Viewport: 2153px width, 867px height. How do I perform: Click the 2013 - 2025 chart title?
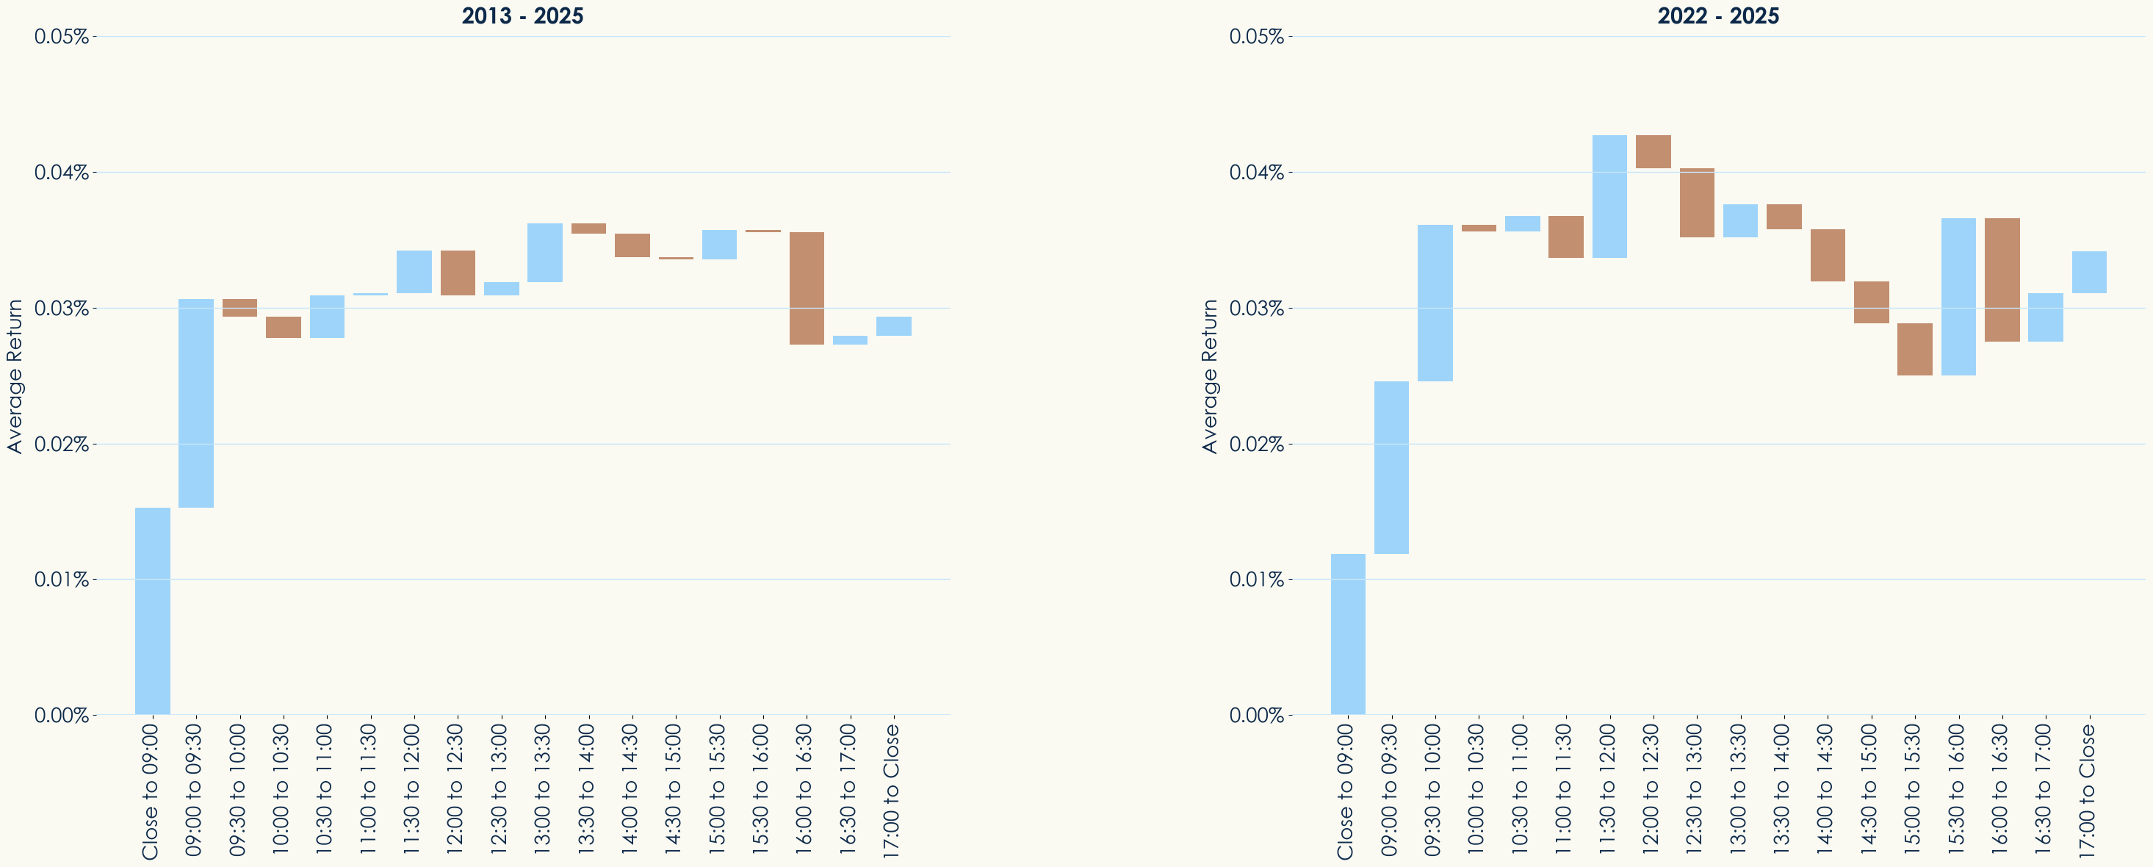[x=522, y=16]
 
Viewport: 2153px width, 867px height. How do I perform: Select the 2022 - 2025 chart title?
[x=1717, y=16]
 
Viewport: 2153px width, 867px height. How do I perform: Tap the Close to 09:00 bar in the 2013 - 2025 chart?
[x=152, y=611]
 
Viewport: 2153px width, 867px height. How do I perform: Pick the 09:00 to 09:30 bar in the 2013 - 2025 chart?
[x=195, y=403]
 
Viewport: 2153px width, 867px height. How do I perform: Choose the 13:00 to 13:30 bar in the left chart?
[x=545, y=253]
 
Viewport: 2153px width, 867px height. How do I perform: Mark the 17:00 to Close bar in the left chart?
[x=893, y=326]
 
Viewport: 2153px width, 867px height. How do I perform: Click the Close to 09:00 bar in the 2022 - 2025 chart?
[x=1347, y=634]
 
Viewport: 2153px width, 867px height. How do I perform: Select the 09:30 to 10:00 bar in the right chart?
[x=1435, y=303]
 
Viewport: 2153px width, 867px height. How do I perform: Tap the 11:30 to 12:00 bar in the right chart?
[x=1609, y=196]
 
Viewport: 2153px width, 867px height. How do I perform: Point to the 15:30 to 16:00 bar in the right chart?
[x=1958, y=297]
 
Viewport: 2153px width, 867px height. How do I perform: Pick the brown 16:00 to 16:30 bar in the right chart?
[x=2002, y=280]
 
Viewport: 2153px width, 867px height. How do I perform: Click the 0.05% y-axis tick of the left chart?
[x=62, y=37]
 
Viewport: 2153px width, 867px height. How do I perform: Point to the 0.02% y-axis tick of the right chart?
[x=1256, y=444]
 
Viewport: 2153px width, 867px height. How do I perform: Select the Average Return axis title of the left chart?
[x=14, y=376]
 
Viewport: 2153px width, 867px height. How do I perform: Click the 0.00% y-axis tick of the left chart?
[x=62, y=715]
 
